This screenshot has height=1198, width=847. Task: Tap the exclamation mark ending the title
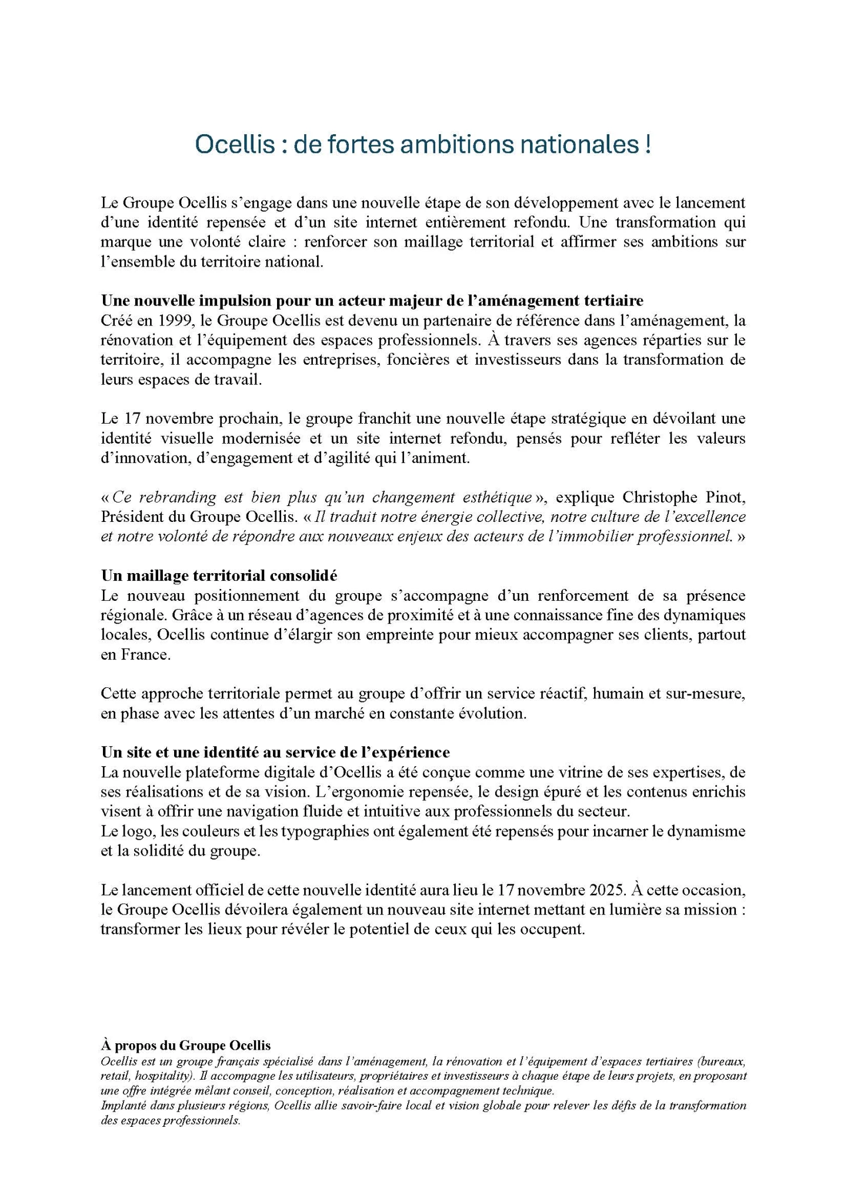(647, 144)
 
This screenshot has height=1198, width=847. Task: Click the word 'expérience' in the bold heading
(412, 752)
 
